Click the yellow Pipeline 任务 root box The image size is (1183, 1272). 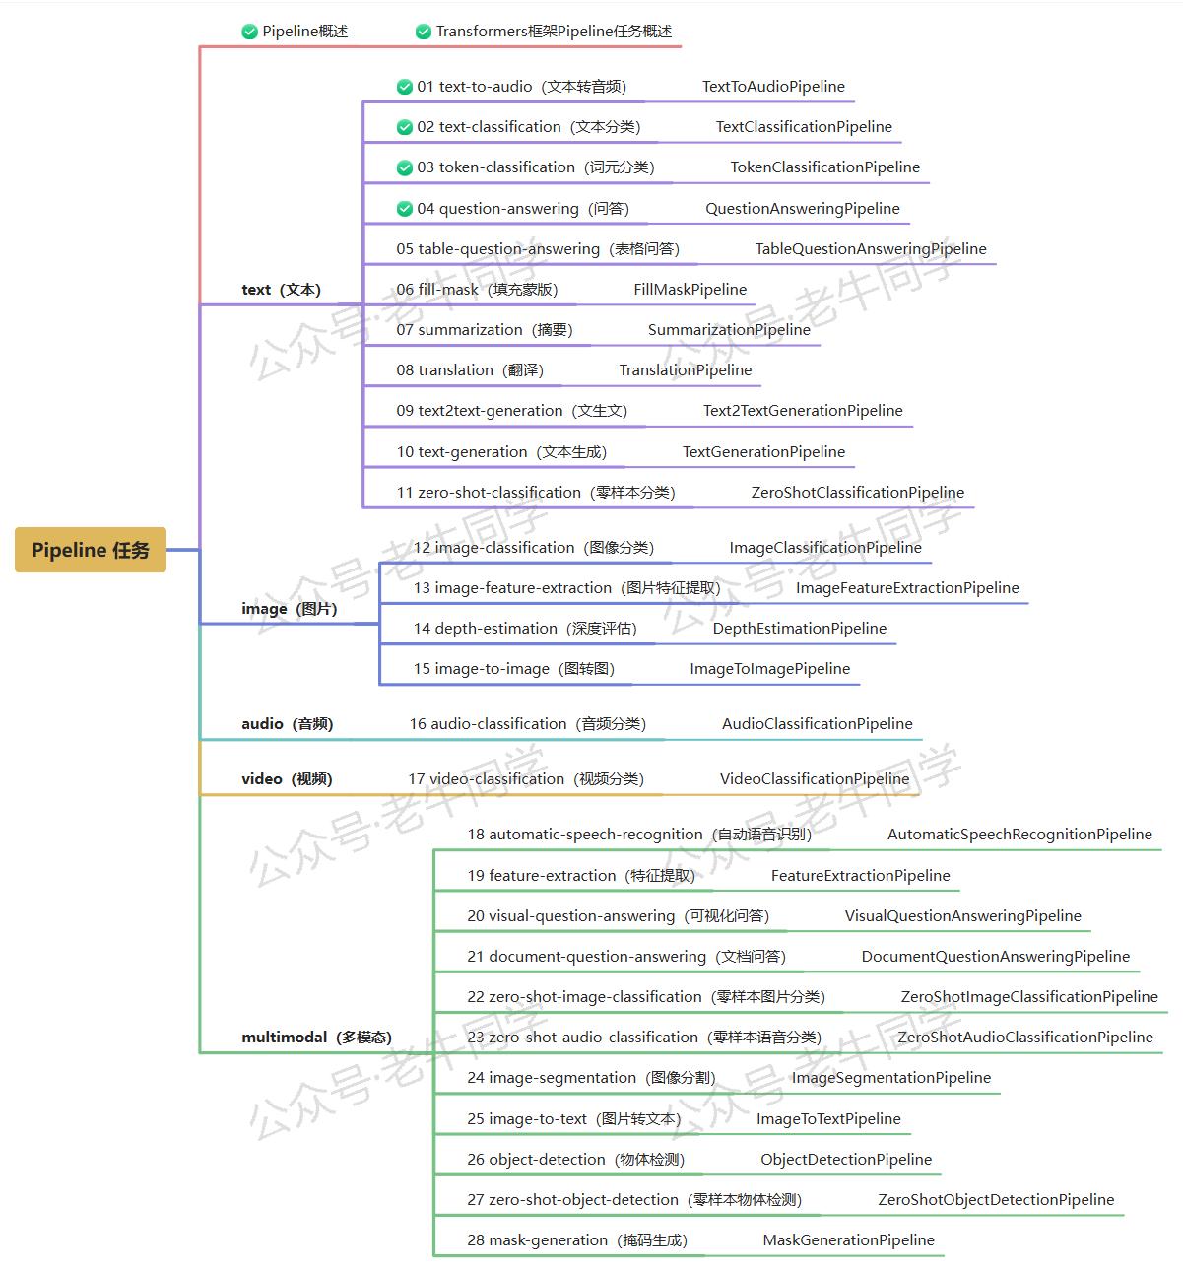click(x=91, y=550)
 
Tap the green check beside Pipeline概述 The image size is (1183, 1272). click(x=250, y=32)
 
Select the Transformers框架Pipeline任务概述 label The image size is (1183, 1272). click(x=554, y=32)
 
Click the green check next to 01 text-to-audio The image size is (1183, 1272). click(x=404, y=87)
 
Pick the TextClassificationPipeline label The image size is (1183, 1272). click(x=804, y=127)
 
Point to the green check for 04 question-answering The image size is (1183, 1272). click(x=404, y=209)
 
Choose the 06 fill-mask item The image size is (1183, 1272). click(x=477, y=290)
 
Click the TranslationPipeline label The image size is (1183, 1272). click(x=686, y=370)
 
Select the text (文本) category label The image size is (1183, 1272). click(x=281, y=290)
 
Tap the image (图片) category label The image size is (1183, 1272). click(x=290, y=609)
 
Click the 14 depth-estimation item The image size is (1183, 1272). click(x=525, y=629)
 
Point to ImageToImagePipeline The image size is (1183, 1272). click(x=770, y=669)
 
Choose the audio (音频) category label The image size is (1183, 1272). click(x=288, y=724)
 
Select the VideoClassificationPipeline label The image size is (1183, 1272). click(x=815, y=778)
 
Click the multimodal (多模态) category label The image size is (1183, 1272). click(x=317, y=1037)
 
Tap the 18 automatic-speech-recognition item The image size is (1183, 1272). click(x=640, y=835)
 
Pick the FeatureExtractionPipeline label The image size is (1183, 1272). click(x=861, y=876)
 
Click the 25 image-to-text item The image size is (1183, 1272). click(x=574, y=1119)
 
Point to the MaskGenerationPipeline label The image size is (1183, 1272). click(x=849, y=1239)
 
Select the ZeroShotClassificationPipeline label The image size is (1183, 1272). click(x=858, y=493)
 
